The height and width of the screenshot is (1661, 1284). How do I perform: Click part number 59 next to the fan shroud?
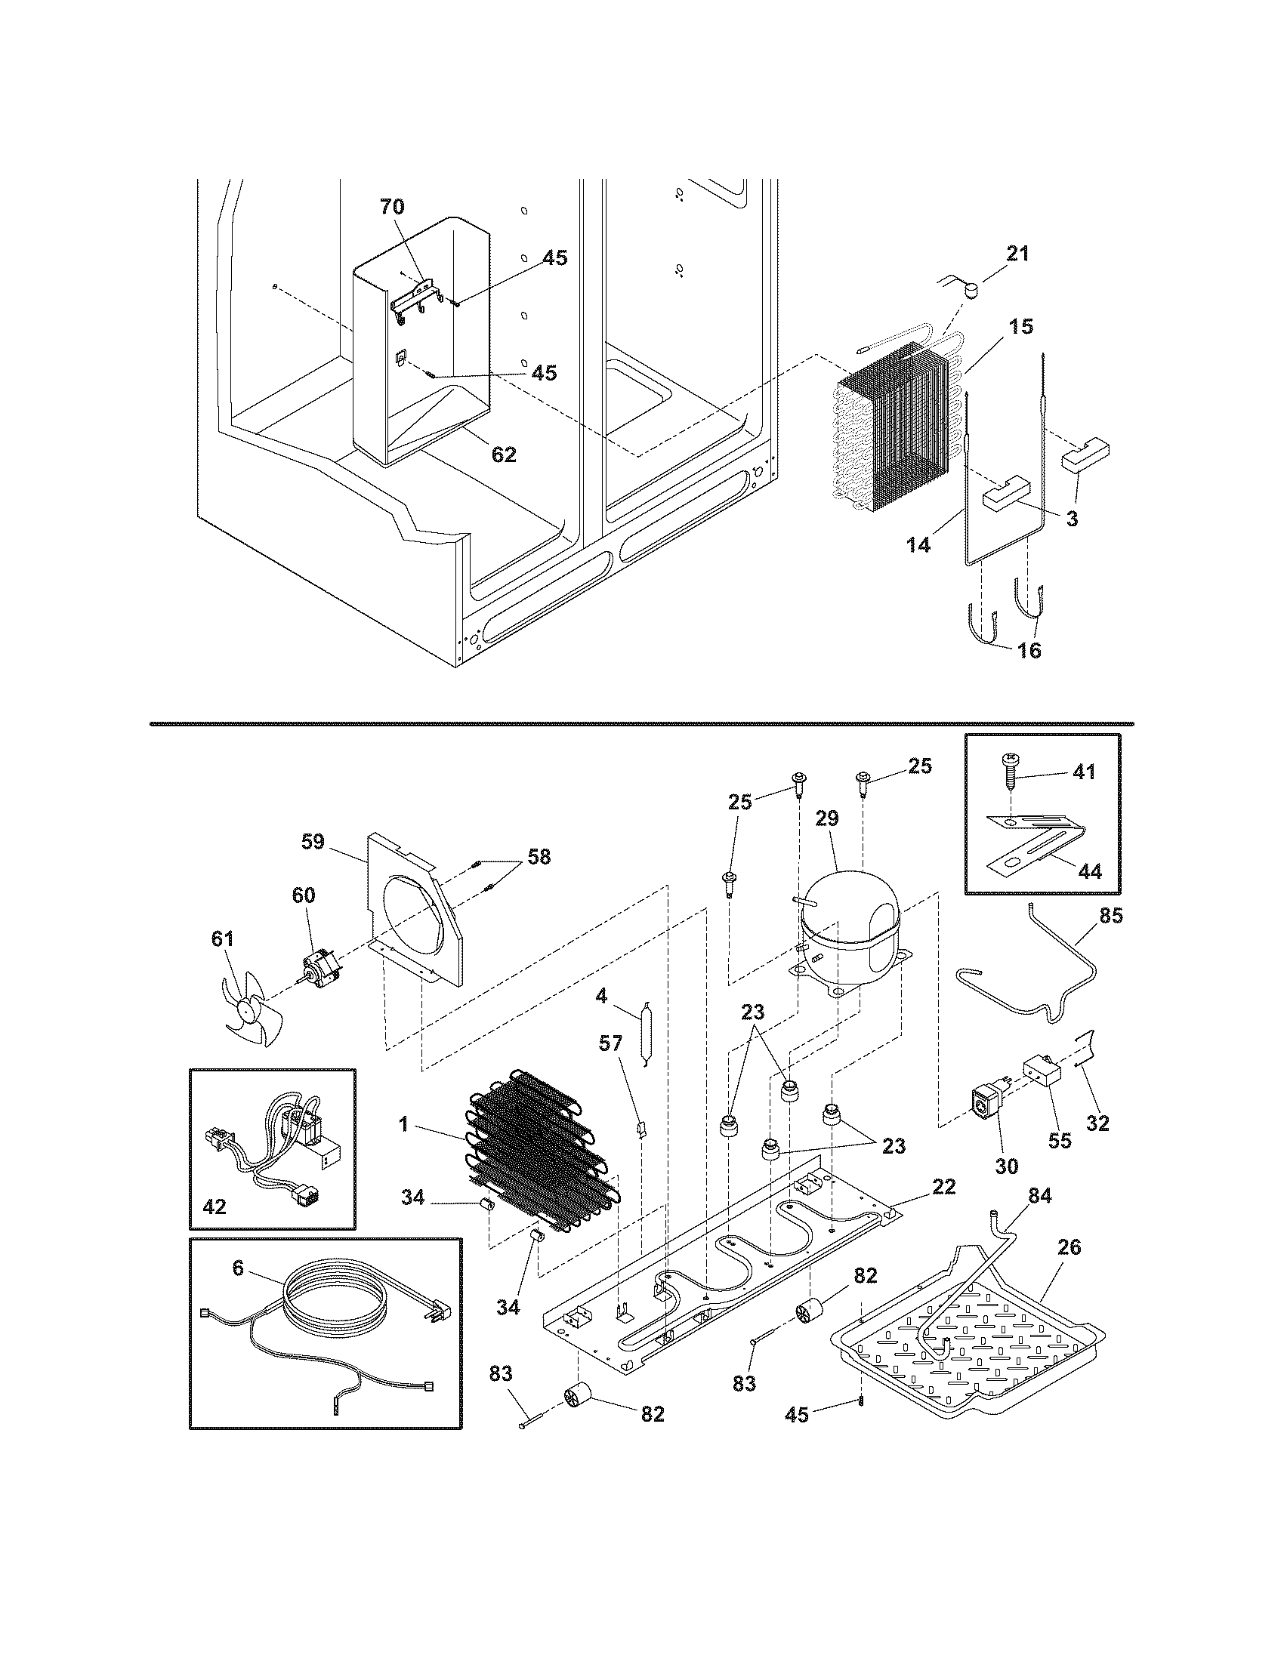tap(313, 842)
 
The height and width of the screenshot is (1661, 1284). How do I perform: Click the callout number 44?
tap(1090, 871)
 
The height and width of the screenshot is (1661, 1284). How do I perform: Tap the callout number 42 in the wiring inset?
tap(215, 1206)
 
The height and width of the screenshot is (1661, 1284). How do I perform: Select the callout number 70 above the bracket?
tap(392, 207)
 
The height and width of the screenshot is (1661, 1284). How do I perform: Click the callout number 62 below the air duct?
tap(504, 455)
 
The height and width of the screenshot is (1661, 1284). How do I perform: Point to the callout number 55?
tap(1060, 1139)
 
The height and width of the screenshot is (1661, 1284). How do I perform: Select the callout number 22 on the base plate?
tap(943, 1187)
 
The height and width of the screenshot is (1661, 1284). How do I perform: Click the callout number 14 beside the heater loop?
tap(918, 544)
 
